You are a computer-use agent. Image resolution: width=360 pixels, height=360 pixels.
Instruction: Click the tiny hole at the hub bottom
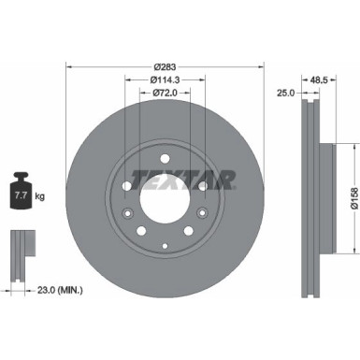pos(165,244)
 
